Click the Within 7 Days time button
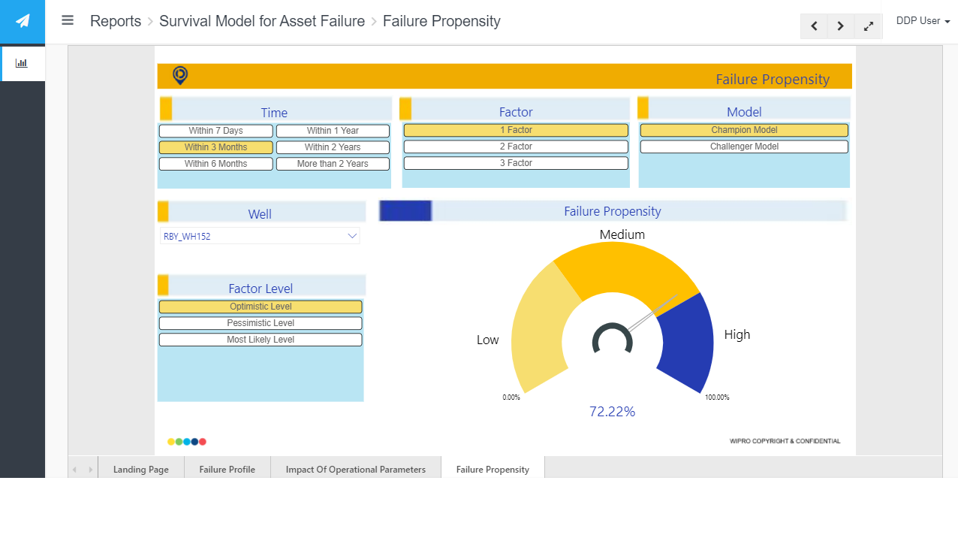215,131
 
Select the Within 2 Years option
333,147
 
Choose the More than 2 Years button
333,164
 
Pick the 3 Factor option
516,163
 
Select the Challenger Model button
744,147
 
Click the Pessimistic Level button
261,323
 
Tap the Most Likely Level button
261,340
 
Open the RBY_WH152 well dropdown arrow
352,236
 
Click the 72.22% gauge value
612,412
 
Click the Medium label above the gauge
622,234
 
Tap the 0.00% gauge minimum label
511,397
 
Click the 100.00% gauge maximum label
717,397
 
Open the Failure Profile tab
227,470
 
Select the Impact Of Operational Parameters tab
356,470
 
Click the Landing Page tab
140,470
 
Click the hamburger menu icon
68,20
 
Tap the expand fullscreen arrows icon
869,26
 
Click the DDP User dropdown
923,20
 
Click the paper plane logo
23,21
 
